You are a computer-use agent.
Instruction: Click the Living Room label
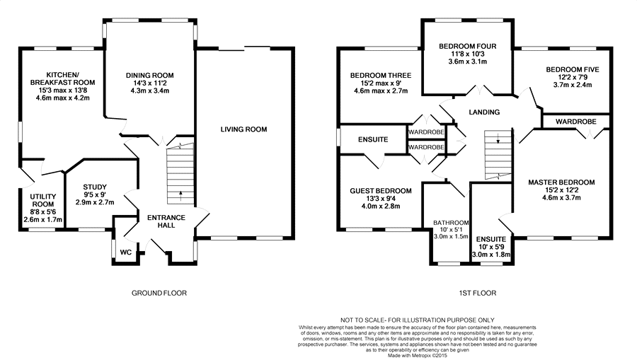[x=243, y=129]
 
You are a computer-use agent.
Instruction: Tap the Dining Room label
[x=149, y=76]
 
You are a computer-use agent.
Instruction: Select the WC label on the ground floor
[x=126, y=252]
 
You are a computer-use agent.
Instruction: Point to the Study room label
[x=95, y=187]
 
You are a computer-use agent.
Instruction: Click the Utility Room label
[x=43, y=200]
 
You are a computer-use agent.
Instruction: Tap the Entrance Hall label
[x=166, y=221]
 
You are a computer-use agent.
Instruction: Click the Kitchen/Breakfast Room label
[x=62, y=79]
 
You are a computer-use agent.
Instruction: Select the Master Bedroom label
[x=561, y=182]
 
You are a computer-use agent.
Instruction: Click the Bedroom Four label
[x=468, y=46]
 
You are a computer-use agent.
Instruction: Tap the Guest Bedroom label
[x=381, y=191]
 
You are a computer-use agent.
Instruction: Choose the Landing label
[x=484, y=112]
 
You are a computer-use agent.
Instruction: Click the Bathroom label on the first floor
[x=451, y=223]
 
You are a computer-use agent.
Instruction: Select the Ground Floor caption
[x=159, y=293]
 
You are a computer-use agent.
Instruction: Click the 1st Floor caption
[x=478, y=293]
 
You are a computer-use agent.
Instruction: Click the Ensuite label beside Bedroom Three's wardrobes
[x=373, y=139]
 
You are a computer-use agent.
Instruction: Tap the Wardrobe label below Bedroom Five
[x=576, y=122]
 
